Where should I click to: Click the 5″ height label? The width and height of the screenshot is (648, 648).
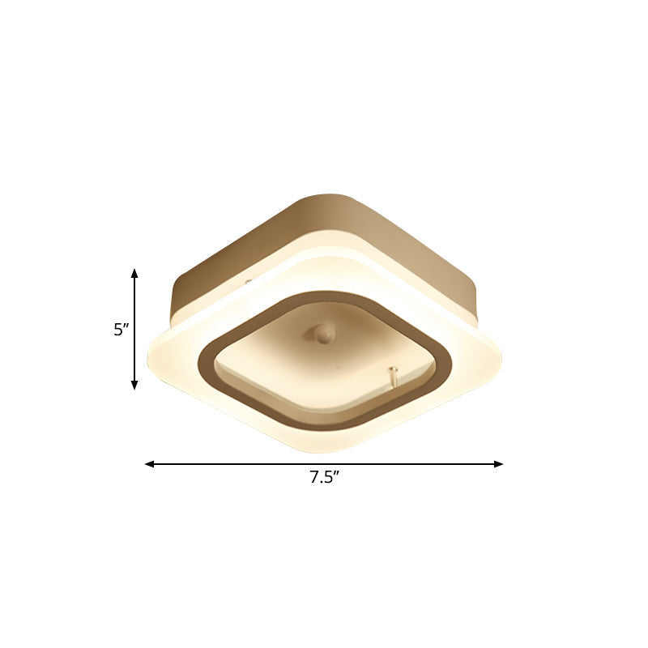click(122, 330)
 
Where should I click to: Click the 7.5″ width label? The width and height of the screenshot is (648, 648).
click(324, 478)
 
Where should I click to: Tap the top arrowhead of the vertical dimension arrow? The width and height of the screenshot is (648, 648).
click(134, 273)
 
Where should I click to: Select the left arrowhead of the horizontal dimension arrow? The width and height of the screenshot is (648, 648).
click(149, 464)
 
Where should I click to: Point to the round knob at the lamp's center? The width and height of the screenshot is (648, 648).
click(324, 333)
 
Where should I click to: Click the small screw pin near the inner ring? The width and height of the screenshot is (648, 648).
click(394, 373)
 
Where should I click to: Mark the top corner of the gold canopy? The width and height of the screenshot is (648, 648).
click(329, 196)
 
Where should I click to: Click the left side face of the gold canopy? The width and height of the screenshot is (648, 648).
click(235, 259)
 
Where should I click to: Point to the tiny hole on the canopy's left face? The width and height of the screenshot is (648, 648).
click(249, 283)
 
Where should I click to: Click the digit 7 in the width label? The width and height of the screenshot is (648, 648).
click(313, 478)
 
